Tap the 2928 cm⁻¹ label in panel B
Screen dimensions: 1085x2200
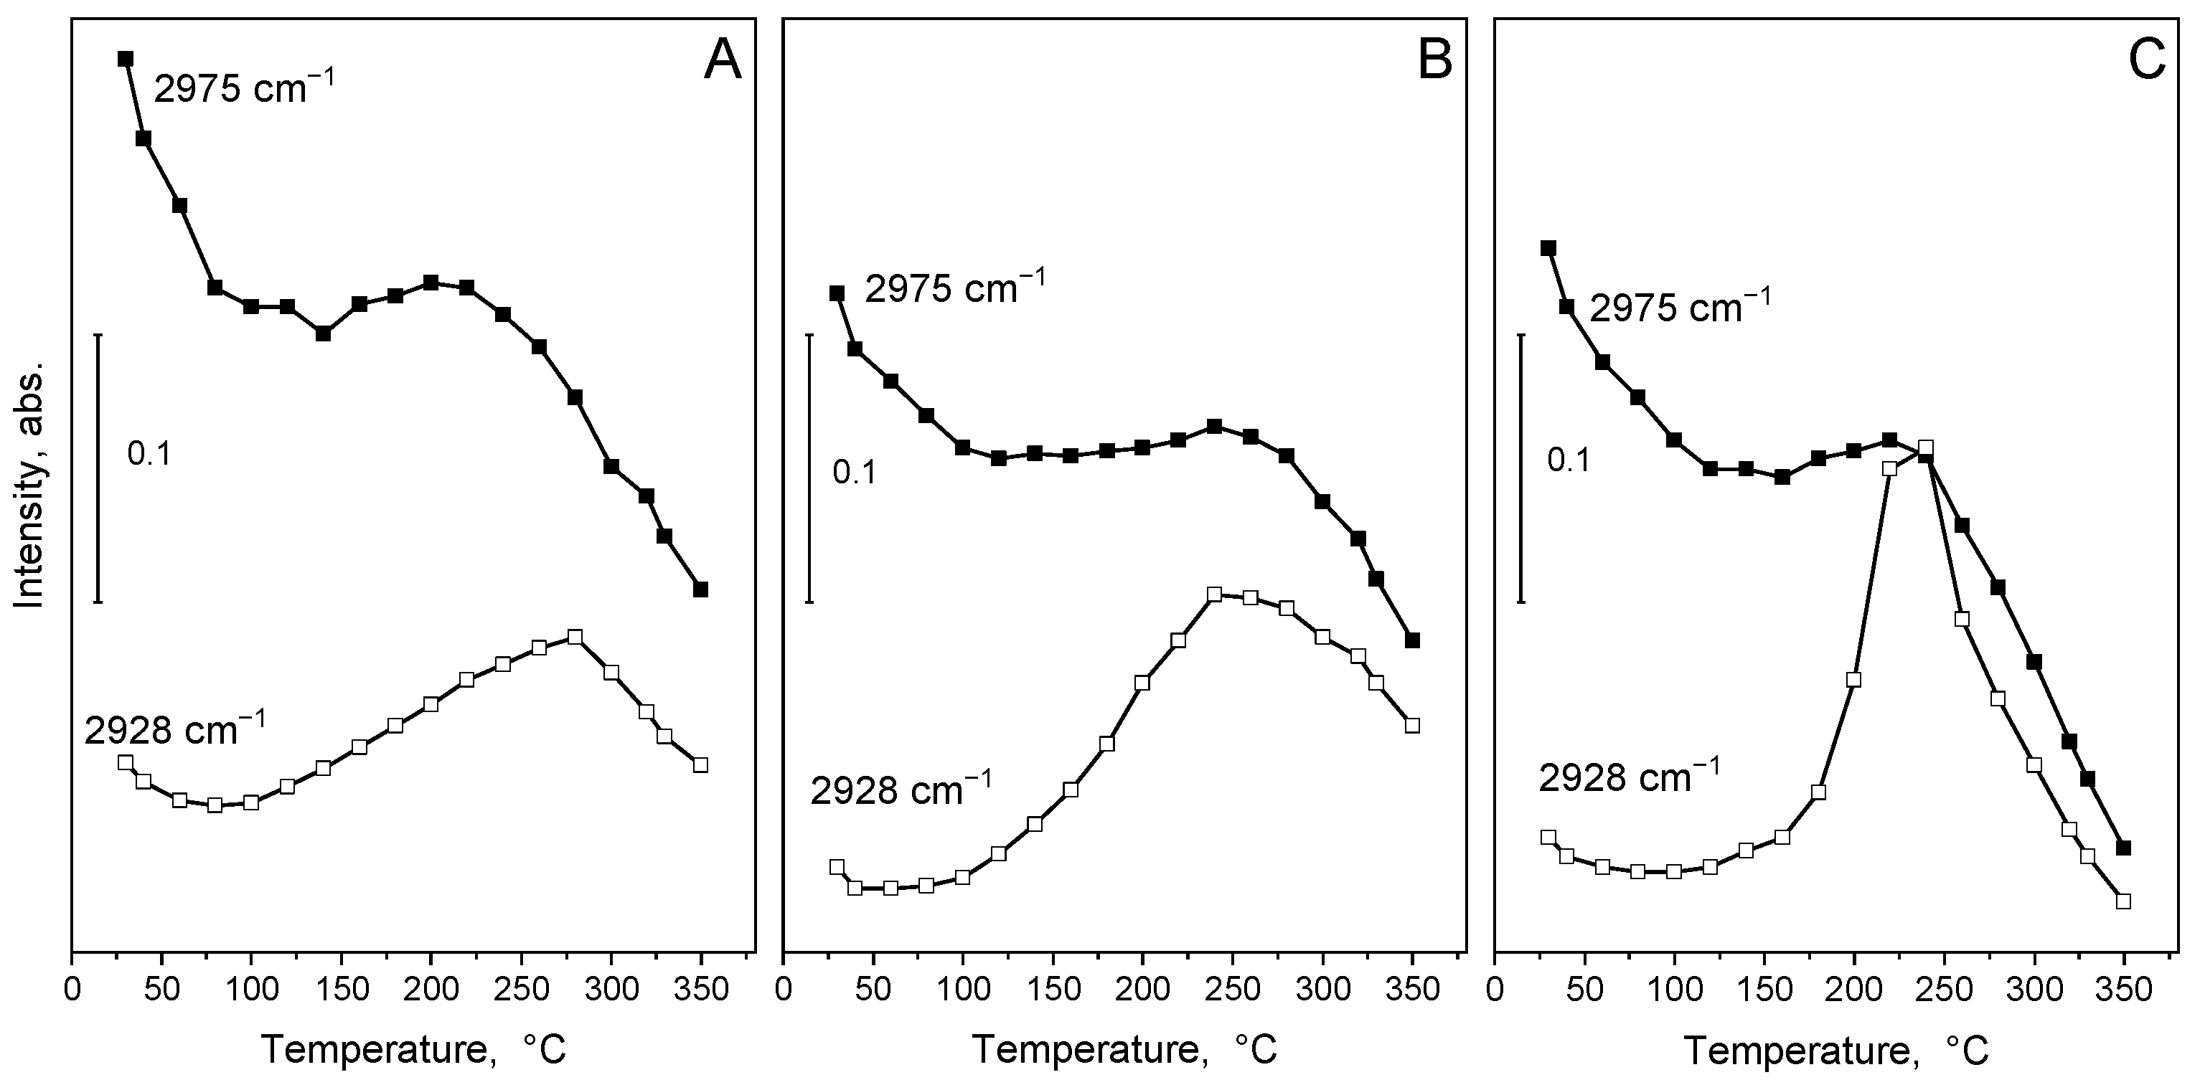(901, 790)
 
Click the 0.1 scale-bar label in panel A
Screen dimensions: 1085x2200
(149, 454)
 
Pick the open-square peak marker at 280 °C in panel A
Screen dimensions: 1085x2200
(575, 637)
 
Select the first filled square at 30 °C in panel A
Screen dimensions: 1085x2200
(126, 58)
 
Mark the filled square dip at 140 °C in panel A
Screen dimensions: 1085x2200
(323, 333)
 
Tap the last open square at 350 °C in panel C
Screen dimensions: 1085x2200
(2124, 901)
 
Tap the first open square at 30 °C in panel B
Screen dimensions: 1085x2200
(837, 866)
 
